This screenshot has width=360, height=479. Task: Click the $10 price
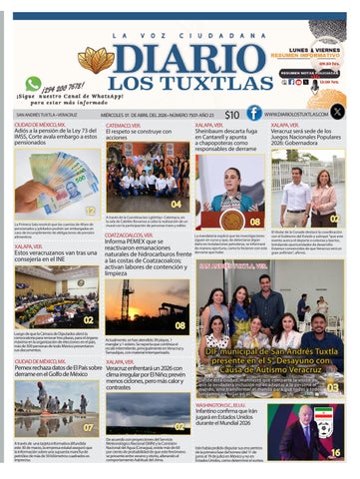(231, 115)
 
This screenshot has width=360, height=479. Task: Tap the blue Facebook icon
(255, 113)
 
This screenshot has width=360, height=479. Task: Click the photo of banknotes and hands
(56, 185)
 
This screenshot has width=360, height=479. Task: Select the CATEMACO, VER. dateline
(124, 125)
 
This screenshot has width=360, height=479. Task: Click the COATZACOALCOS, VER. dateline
(134, 235)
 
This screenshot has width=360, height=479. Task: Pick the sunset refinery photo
(147, 304)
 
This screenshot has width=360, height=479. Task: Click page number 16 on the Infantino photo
(336, 452)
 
